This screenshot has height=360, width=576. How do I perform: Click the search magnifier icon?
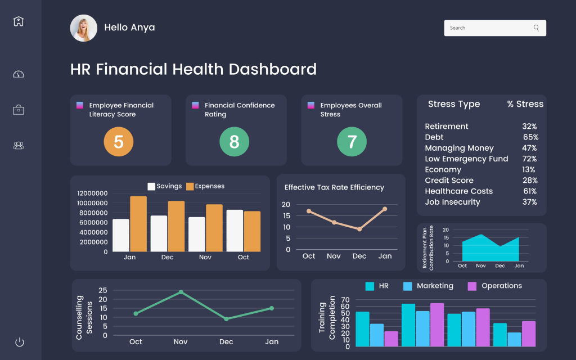coord(536,28)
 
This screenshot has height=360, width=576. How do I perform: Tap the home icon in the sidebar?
coord(19,21)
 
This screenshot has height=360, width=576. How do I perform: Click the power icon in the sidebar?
coord(19,341)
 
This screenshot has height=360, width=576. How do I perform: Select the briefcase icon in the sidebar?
coord(19,110)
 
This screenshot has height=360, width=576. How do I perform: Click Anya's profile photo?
coord(83,28)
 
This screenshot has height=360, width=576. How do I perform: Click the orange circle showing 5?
coord(119,142)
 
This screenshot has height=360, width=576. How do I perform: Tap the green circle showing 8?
coord(234,142)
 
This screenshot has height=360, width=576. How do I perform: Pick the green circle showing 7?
coord(352,142)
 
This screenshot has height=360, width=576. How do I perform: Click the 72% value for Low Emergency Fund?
coord(529,159)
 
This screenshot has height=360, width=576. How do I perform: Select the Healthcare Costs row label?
coord(458,191)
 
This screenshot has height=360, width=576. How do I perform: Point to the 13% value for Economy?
coord(528,170)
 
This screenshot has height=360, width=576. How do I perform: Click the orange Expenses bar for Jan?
coord(138,224)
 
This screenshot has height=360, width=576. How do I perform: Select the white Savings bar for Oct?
coord(235,231)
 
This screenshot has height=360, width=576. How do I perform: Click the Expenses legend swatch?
coord(190,187)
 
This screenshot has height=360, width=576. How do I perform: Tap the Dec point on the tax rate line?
coord(359,229)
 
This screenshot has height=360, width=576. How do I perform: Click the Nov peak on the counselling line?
coord(181,292)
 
